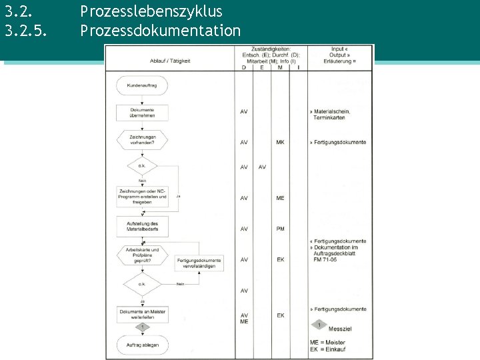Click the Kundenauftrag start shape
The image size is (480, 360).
pyautogui.click(x=142, y=85)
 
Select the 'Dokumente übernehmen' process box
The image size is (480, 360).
pyautogui.click(x=142, y=112)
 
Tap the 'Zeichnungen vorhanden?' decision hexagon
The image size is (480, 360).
pyautogui.click(x=142, y=139)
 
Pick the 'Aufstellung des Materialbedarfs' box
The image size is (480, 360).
pyautogui.click(x=142, y=226)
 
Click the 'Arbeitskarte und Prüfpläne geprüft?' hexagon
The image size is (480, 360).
pyautogui.click(x=142, y=255)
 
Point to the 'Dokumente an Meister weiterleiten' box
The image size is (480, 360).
pyautogui.click(x=142, y=314)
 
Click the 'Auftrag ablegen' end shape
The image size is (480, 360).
pyautogui.click(x=142, y=344)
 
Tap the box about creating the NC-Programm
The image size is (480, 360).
pyautogui.click(x=142, y=196)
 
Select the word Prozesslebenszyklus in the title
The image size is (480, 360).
pyautogui.click(x=151, y=11)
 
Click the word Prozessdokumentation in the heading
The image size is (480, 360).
pyautogui.click(x=160, y=30)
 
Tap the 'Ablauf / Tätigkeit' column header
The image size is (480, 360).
pyautogui.click(x=169, y=61)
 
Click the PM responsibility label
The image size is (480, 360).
pyautogui.click(x=281, y=229)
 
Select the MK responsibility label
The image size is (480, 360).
pyautogui.click(x=281, y=142)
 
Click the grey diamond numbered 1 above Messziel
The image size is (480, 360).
pyautogui.click(x=319, y=325)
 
